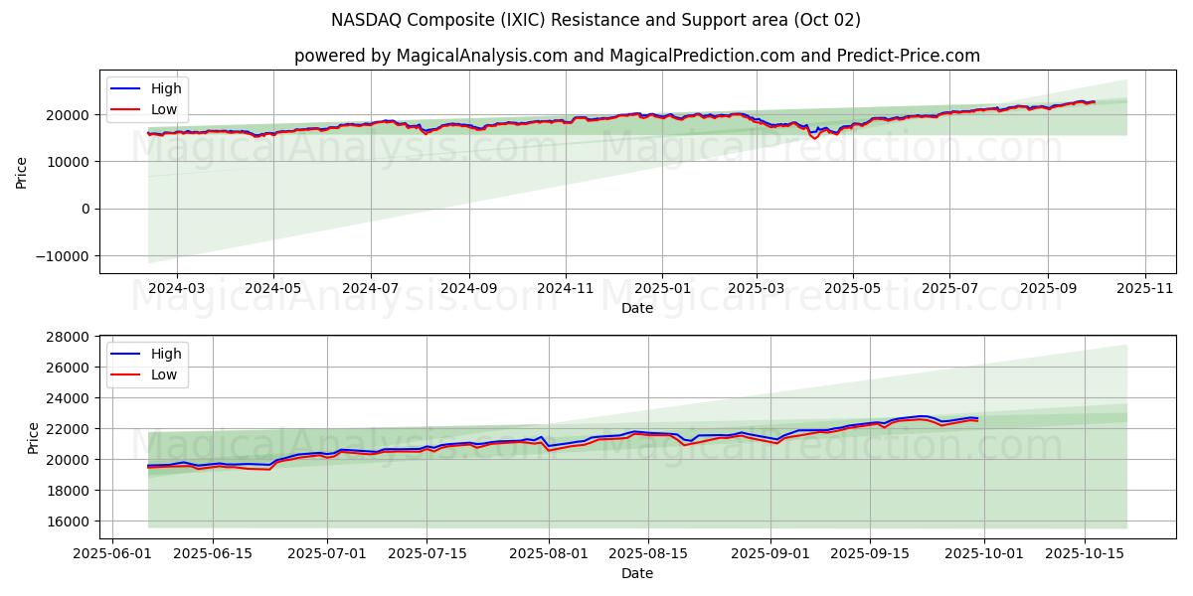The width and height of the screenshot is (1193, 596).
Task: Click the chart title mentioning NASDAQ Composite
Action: point(596,20)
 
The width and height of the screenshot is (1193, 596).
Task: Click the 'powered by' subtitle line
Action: point(636,56)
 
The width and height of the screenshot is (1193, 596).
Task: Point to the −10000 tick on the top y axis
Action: point(65,256)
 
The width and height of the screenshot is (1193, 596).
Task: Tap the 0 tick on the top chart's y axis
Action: point(85,209)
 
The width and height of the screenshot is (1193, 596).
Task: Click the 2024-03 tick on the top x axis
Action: point(177,288)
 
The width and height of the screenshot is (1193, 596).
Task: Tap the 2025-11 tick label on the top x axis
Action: point(1145,288)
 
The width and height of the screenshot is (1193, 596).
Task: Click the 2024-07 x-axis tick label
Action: point(370,288)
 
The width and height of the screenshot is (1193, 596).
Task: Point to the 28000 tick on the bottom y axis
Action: point(73,337)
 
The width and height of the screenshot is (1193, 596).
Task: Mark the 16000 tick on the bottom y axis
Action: point(73,521)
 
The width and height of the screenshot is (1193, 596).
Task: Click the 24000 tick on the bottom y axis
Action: point(73,398)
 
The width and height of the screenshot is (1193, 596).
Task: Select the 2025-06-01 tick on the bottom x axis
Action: point(111,553)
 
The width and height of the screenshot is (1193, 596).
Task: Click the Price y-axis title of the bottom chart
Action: point(34,437)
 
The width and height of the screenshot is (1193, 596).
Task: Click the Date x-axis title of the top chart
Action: point(636,308)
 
